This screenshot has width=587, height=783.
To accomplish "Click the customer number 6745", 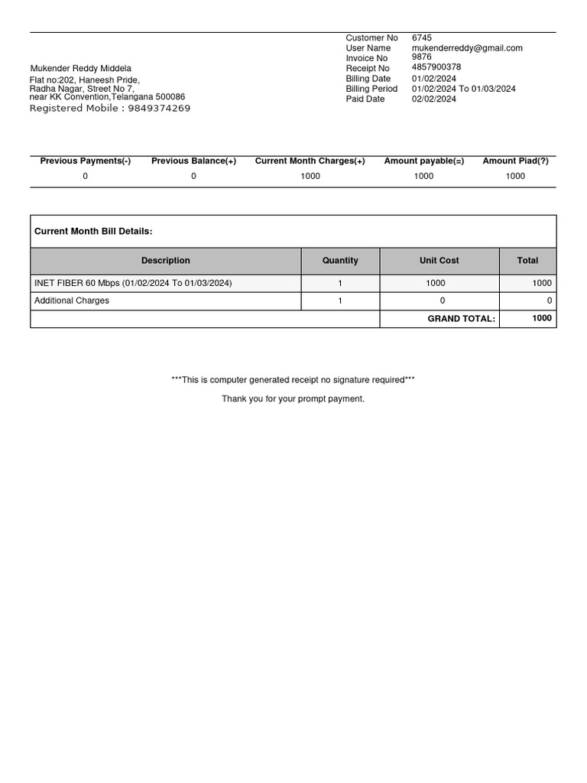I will (421, 37).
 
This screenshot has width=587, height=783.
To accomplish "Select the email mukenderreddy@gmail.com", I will (467, 47).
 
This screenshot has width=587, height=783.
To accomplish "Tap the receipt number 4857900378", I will (436, 67).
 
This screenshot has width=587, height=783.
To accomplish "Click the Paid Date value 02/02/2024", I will (433, 99).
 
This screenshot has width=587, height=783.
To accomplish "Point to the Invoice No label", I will (366, 58).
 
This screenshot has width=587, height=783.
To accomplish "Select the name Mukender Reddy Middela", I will (80, 69).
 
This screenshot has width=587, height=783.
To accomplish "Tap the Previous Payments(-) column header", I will (85, 161).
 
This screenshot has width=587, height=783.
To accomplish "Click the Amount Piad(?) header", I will (515, 161).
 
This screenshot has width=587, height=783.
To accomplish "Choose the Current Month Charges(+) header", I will (310, 161).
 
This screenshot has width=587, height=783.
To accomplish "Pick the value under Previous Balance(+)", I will (193, 176).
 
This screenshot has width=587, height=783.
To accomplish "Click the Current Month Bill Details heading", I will (93, 231).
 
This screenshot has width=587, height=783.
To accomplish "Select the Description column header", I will (166, 261).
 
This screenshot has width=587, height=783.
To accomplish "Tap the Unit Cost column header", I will (439, 261).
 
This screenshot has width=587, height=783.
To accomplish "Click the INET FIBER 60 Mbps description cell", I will (133, 283).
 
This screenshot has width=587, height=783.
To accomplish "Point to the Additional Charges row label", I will (72, 301).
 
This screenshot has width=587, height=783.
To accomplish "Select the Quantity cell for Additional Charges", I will (340, 301).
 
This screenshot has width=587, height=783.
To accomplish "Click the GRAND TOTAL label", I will (461, 319).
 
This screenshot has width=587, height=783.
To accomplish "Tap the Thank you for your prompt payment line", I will (293, 398).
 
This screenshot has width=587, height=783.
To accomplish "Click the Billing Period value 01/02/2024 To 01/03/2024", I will (463, 89).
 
